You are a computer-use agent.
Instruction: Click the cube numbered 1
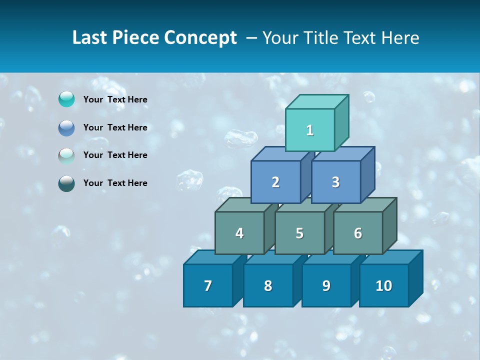(x=310, y=130)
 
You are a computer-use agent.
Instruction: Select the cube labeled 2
(x=275, y=182)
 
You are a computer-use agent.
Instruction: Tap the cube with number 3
(x=335, y=182)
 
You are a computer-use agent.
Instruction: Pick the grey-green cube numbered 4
(x=239, y=233)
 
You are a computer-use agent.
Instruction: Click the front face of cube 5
(x=299, y=233)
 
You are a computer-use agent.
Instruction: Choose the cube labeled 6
(x=358, y=233)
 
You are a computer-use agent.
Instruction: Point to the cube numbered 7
(x=208, y=285)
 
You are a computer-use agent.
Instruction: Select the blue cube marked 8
(x=268, y=285)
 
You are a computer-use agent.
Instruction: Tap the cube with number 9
(x=326, y=285)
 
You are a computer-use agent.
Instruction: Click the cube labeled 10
(x=384, y=285)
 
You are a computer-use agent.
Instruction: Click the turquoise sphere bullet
(x=66, y=99)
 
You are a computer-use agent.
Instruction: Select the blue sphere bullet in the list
(x=66, y=127)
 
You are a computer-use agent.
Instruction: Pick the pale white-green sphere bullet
(x=66, y=155)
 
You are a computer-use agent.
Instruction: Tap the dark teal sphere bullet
(x=66, y=183)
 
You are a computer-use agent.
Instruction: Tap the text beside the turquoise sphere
(x=115, y=99)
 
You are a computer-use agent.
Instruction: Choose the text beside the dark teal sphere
(x=115, y=183)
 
